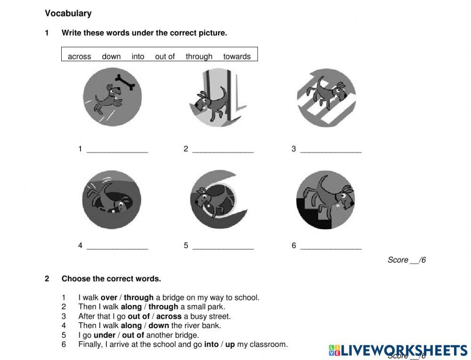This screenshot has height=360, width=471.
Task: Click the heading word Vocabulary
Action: (68, 13)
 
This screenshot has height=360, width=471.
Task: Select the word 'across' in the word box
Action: (79, 56)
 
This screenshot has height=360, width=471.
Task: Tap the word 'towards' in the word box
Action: (237, 56)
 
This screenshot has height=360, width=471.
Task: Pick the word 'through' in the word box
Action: (199, 56)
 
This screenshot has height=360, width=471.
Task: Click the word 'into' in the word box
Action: (138, 56)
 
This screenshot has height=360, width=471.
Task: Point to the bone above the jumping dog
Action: (125, 82)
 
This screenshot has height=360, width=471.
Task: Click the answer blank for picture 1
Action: (117, 151)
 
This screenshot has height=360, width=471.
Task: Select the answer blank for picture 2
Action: (223, 151)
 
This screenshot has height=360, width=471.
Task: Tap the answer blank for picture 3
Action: (331, 151)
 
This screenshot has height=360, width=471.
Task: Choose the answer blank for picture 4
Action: (117, 247)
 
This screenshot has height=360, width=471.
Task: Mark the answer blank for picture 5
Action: (223, 247)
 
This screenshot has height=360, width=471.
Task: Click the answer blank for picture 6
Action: (331, 247)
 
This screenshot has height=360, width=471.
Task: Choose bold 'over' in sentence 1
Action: (109, 297)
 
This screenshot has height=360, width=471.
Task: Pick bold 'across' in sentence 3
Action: (169, 316)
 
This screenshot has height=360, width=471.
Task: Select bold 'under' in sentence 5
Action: (105, 335)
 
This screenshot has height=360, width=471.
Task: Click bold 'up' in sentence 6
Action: (230, 344)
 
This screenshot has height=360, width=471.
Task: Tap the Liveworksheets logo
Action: (398, 350)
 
